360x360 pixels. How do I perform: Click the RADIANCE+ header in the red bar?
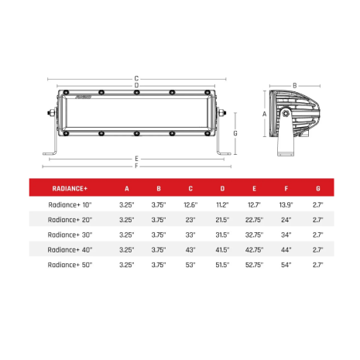click(x=70, y=188)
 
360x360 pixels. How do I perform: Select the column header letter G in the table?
click(x=318, y=188)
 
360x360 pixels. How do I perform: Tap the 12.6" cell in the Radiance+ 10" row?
click(x=190, y=205)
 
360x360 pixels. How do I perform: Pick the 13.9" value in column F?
click(x=286, y=205)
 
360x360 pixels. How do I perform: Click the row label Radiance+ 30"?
click(x=70, y=235)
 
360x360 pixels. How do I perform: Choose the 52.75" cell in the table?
click(x=254, y=265)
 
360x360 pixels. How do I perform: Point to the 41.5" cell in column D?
click(x=222, y=250)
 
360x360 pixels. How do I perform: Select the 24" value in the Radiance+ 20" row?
click(x=286, y=220)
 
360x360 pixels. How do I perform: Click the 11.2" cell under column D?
click(x=222, y=205)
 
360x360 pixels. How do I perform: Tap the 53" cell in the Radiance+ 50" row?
click(x=190, y=265)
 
